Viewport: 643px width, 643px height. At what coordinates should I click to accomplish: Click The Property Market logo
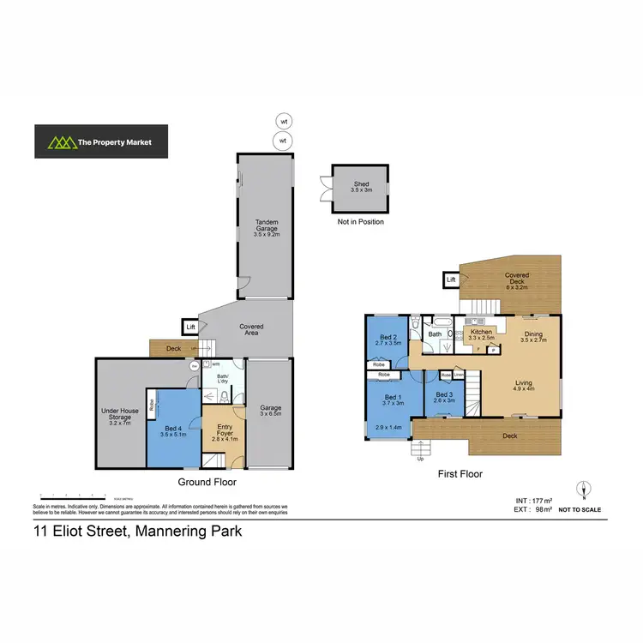coord(101,142)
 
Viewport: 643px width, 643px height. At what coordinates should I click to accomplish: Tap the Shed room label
coord(361,189)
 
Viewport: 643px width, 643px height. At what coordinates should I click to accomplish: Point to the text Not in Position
coord(360,222)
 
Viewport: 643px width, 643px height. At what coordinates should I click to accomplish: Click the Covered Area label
coord(251,330)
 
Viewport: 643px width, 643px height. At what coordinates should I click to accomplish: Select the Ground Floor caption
coord(207,483)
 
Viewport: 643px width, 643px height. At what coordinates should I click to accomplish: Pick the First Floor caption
coord(460,473)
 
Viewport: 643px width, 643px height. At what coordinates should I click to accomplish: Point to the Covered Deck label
coord(516,279)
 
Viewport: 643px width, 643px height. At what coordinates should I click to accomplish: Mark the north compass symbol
coord(582,490)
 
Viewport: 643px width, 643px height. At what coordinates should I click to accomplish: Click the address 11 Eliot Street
coord(137,531)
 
